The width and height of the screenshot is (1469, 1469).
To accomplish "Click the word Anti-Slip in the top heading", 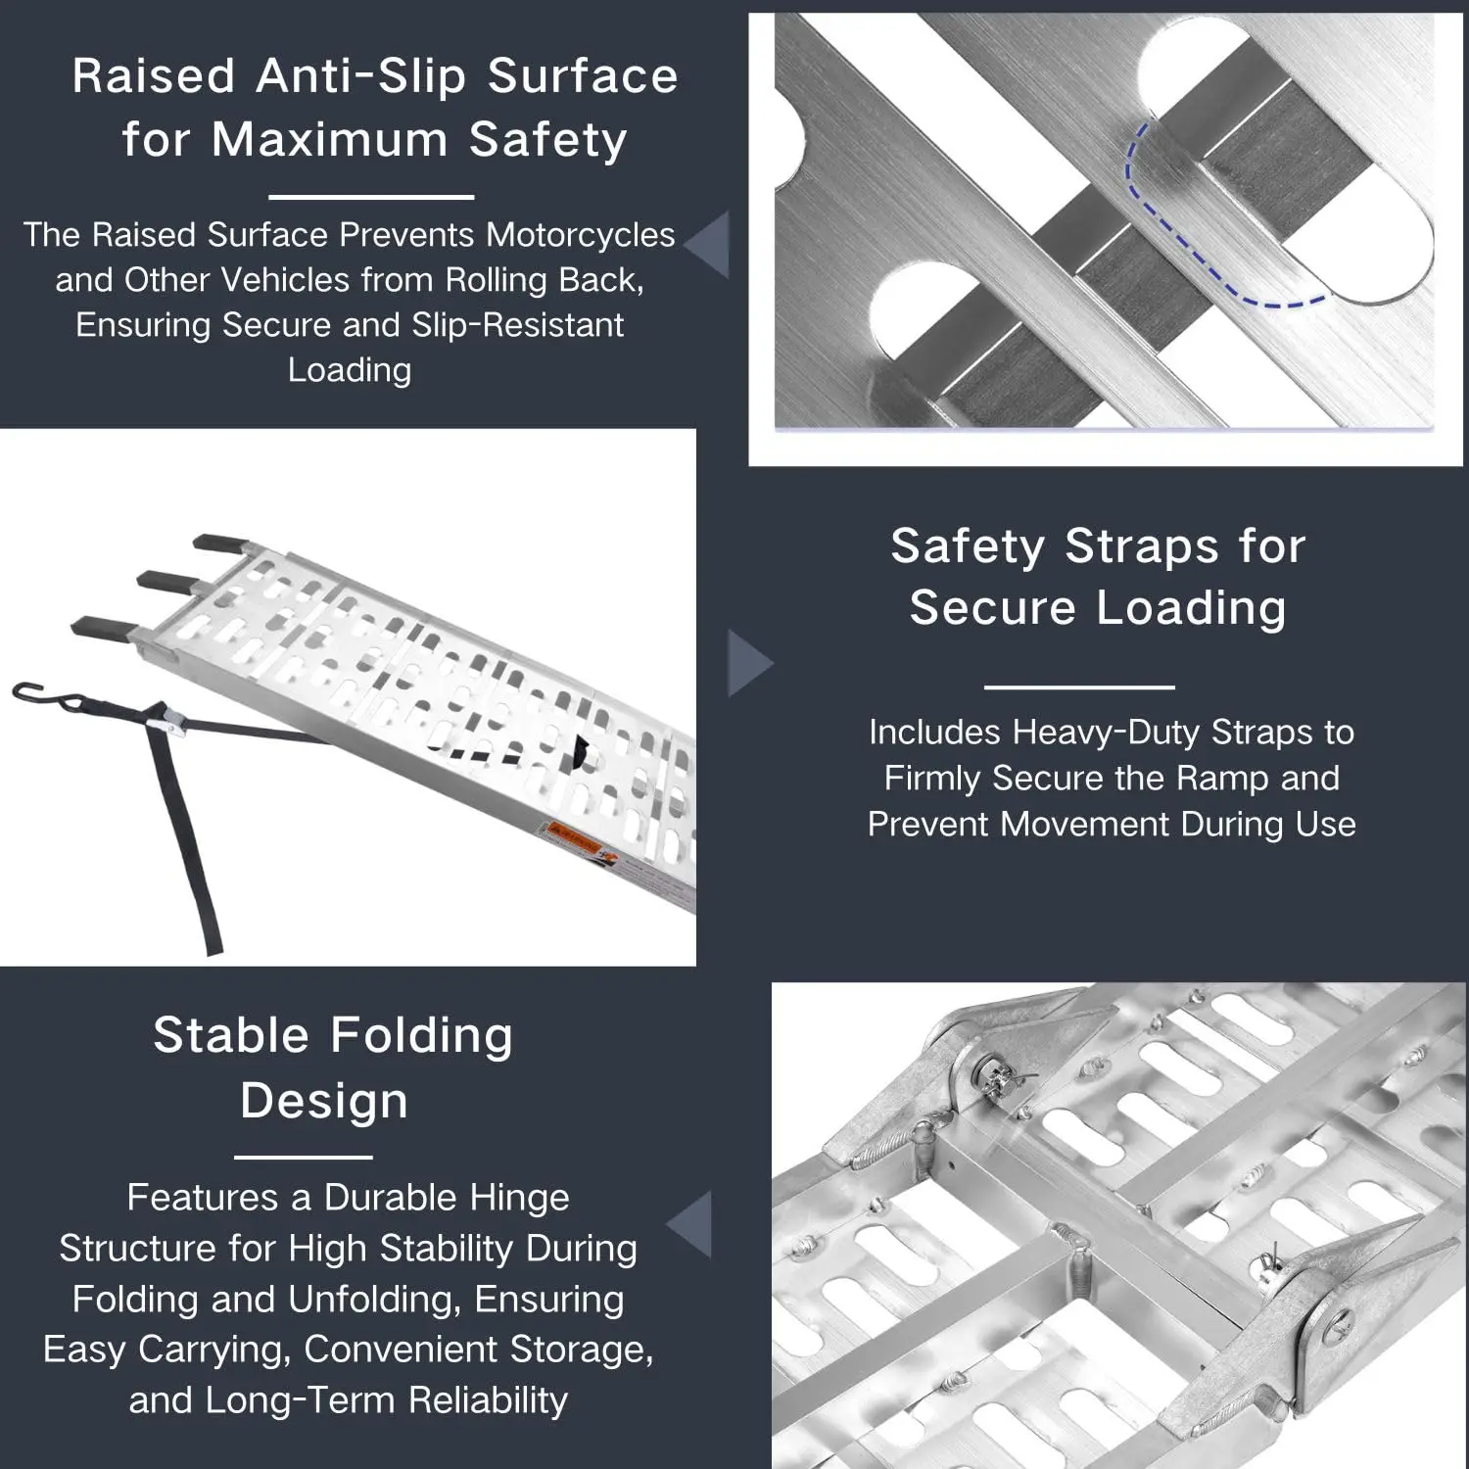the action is click(361, 76).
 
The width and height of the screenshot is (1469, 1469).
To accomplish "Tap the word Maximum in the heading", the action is click(330, 139).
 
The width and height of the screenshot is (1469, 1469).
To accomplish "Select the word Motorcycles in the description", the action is click(580, 235).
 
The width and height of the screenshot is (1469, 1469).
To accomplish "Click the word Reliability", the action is click(488, 1400).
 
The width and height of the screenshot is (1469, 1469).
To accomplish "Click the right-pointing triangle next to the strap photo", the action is click(750, 663).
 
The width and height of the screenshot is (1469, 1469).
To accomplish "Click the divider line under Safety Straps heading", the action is click(1079, 687).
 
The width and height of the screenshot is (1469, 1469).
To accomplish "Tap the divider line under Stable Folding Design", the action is click(304, 1157).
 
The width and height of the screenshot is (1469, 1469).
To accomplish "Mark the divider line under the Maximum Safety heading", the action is click(371, 197).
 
